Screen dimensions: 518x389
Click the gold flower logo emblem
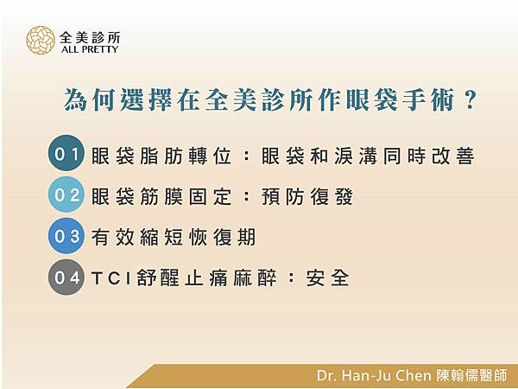click(41, 41)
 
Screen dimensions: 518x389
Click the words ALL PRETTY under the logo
click(90, 49)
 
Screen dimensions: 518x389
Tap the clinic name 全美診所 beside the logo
click(90, 38)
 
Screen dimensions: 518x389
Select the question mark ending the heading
click(470, 100)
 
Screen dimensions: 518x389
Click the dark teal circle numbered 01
click(66, 153)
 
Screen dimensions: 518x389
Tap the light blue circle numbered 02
click(66, 194)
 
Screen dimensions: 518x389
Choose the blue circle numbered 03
click(66, 235)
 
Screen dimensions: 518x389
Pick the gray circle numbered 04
click(66, 277)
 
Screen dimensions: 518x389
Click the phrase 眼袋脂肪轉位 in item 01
click(161, 156)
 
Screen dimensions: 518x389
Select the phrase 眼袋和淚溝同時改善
click(368, 156)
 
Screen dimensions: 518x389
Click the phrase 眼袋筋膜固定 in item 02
click(161, 196)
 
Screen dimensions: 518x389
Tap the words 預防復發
click(307, 196)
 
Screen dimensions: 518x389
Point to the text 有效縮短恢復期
click(174, 237)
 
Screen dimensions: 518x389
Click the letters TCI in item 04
click(111, 277)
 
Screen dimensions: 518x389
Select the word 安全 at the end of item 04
click(327, 277)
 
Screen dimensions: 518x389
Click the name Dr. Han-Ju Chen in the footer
click(374, 375)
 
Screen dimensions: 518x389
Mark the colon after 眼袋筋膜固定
click(246, 196)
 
